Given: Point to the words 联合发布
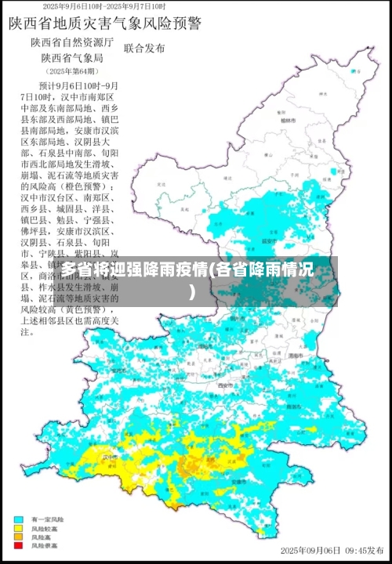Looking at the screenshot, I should (x=145, y=49).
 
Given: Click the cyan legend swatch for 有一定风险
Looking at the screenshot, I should (x=17, y=519).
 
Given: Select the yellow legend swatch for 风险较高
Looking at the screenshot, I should (x=17, y=528).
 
